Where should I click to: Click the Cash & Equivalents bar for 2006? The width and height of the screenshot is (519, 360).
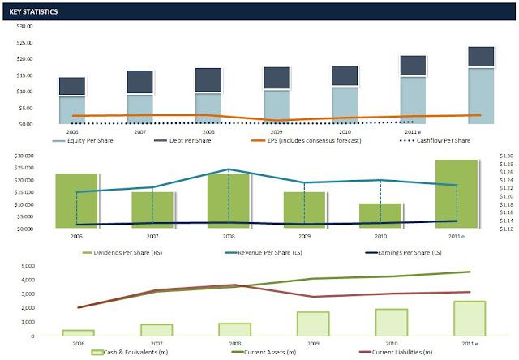click(x=78, y=332)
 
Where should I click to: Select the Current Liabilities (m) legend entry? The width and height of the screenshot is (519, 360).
click(x=401, y=352)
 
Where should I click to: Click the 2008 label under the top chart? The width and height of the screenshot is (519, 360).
click(x=208, y=131)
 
